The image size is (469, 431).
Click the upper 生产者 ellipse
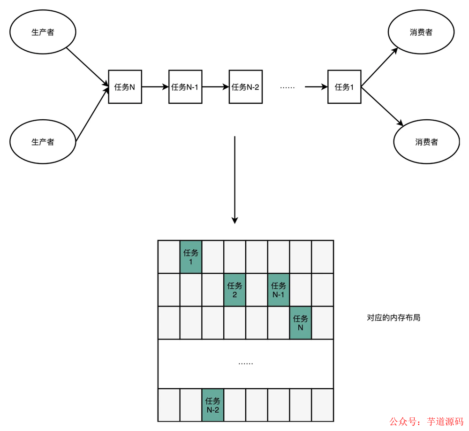tap(43, 33)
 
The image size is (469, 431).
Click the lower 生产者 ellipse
tap(43, 141)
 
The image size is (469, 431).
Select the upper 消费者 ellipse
tap(421, 33)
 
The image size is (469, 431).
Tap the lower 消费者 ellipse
tap(426, 142)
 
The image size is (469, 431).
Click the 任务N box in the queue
tap(125, 87)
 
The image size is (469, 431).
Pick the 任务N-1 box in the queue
tap(185, 87)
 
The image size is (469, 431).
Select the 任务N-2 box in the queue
tap(245, 87)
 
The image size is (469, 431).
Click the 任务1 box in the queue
tap(344, 87)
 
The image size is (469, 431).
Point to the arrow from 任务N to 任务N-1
tap(155, 87)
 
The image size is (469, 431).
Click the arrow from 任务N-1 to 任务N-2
tap(215, 87)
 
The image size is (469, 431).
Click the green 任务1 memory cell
tap(191, 257)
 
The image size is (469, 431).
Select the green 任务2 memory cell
tap(234, 290)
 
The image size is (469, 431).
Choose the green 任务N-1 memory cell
tap(279, 290)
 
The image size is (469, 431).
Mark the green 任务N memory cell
tap(301, 323)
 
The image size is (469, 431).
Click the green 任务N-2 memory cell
tap(213, 405)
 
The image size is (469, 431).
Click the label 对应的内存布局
tap(393, 318)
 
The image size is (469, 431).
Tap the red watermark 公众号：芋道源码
tap(425, 421)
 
